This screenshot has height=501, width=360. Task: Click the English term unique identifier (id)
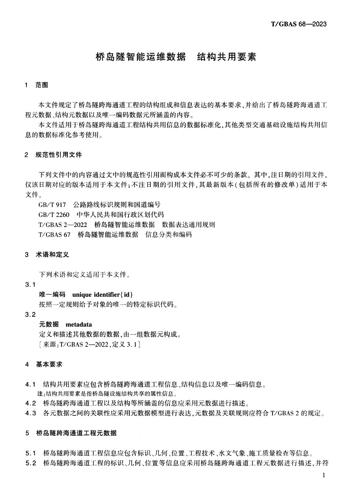point(103,294)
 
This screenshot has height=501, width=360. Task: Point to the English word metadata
point(79,325)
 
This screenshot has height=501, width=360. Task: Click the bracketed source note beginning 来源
point(89,345)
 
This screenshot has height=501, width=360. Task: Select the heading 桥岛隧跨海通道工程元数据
point(76,433)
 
